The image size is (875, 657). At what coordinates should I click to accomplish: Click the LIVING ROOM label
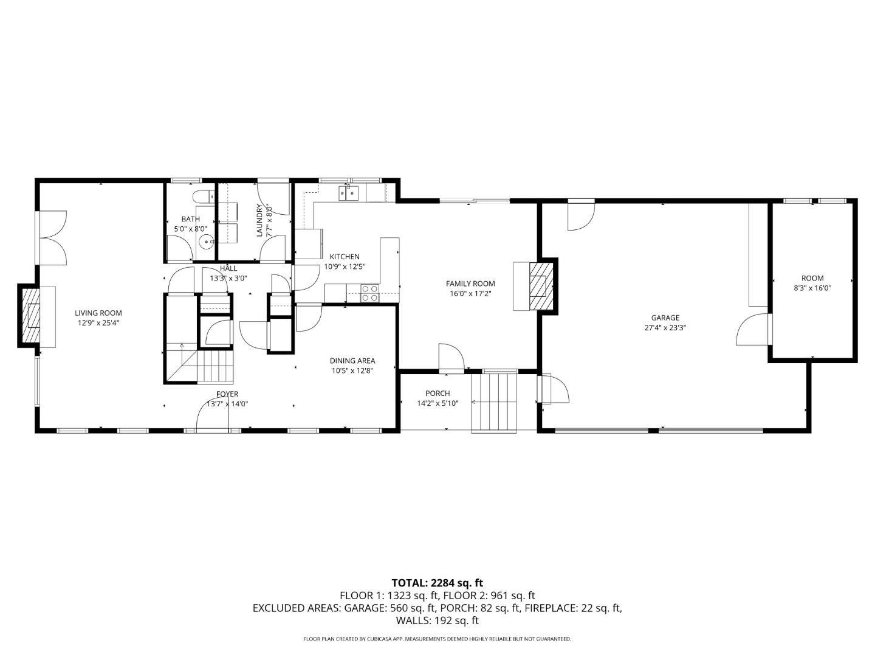(98, 313)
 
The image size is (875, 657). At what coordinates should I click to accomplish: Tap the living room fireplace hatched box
(31, 315)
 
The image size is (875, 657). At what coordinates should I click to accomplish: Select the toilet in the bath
(205, 196)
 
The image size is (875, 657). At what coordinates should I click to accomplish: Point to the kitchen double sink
(351, 193)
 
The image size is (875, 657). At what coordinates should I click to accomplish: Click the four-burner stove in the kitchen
(369, 293)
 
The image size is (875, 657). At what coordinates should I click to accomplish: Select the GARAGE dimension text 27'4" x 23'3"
(665, 327)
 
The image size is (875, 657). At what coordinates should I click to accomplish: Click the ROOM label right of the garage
(812, 279)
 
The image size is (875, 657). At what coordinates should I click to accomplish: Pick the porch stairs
(494, 401)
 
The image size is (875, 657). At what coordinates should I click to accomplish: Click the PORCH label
(437, 394)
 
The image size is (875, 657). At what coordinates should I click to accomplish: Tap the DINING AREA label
(352, 361)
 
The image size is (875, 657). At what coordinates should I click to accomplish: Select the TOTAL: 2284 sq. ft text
(437, 583)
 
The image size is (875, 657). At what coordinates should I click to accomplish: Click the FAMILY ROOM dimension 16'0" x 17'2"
(470, 293)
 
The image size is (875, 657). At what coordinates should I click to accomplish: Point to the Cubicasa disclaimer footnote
(437, 639)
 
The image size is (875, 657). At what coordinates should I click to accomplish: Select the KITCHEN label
(345, 257)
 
